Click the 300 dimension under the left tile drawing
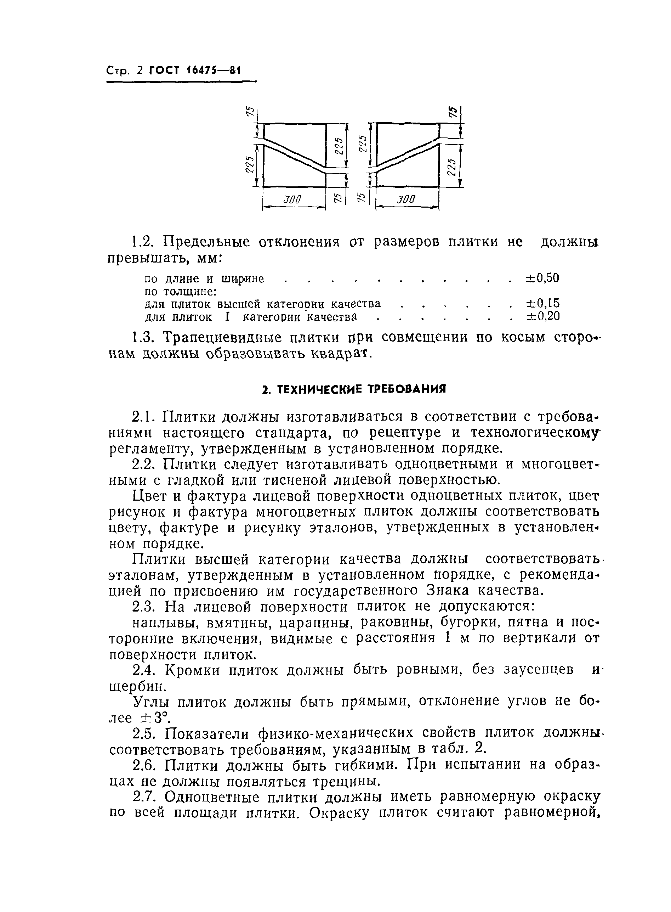(x=292, y=199)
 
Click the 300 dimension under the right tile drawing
(x=406, y=199)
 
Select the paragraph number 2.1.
(x=143, y=417)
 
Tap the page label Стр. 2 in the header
(x=125, y=71)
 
